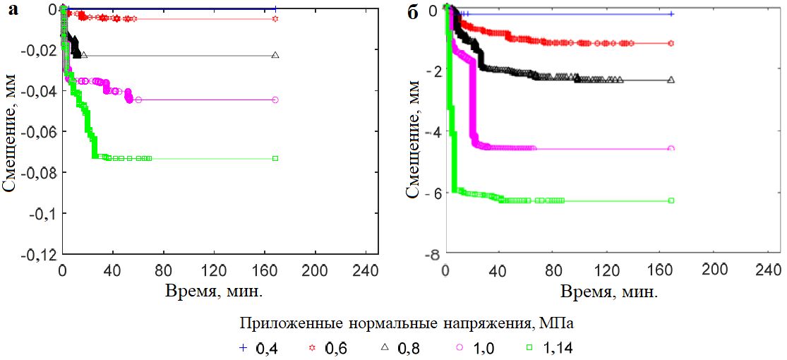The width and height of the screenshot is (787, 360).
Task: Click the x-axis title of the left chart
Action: (215, 290)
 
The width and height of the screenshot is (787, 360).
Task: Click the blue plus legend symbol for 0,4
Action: (244, 347)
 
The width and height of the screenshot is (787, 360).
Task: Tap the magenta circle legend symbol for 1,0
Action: (459, 347)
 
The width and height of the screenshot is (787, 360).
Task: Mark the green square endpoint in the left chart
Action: (275, 159)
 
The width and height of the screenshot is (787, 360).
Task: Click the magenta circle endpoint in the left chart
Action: (275, 100)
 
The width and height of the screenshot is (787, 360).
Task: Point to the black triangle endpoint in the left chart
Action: (275, 55)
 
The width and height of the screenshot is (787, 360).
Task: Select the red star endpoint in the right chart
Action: (671, 43)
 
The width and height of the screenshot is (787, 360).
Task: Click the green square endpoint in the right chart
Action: (671, 200)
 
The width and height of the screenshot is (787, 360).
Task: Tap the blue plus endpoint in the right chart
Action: (671, 14)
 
